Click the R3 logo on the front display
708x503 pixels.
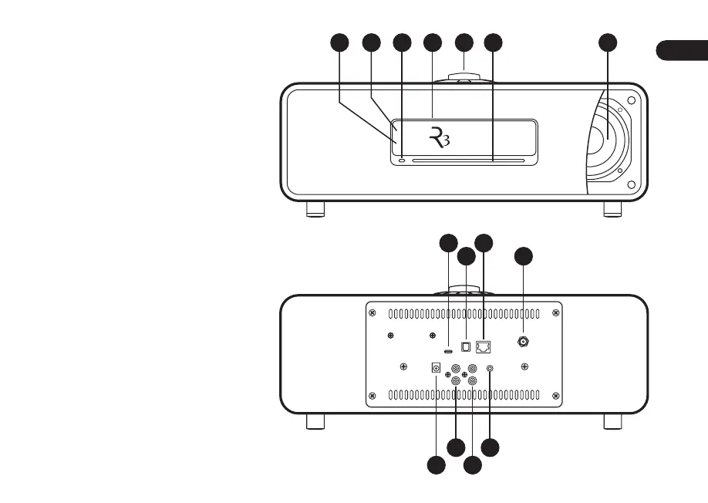(437, 139)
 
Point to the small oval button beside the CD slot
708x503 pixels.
(403, 160)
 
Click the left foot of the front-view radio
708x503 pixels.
(315, 209)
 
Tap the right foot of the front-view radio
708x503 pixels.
(612, 209)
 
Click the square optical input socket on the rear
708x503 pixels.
(466, 347)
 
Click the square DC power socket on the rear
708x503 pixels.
(436, 369)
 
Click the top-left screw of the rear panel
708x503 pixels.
(373, 313)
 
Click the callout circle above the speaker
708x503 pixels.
(609, 44)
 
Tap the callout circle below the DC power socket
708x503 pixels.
(436, 465)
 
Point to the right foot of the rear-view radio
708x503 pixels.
(612, 421)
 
